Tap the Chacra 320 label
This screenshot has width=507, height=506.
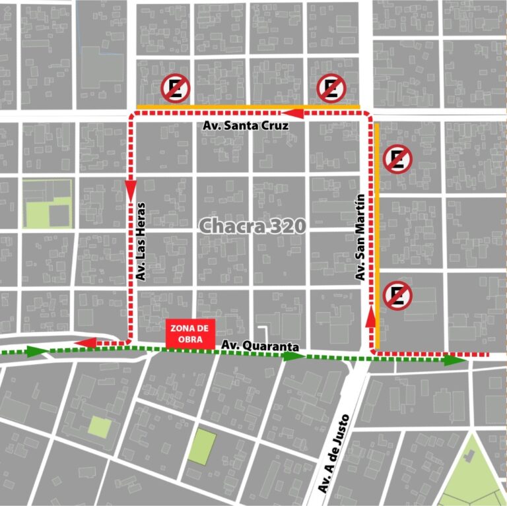coord(253,226)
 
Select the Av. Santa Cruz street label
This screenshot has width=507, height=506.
coord(244,125)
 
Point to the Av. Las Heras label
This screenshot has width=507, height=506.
coord(141,246)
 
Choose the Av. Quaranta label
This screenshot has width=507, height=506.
coord(260,346)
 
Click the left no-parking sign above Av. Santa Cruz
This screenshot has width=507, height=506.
coord(176,88)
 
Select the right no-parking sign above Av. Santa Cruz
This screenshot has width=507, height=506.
coord(331,88)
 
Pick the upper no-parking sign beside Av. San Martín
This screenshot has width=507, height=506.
coord(398,159)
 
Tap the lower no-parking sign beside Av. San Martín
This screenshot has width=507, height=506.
coord(397,296)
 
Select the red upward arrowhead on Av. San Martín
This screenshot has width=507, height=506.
coord(370,316)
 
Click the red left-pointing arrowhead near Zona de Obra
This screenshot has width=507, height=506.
coord(86,342)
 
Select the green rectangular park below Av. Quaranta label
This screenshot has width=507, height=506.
coord(202,447)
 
